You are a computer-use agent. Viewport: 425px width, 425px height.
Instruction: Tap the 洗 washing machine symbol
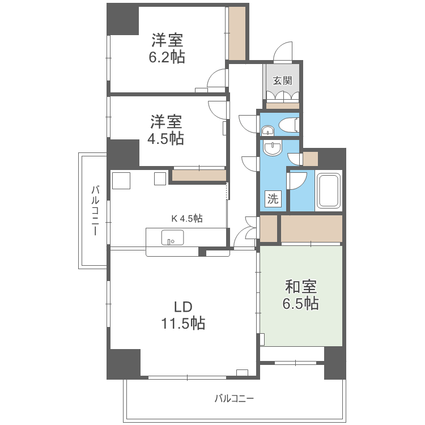click(x=273, y=199)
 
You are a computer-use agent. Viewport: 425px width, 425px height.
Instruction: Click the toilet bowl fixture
click(x=288, y=124)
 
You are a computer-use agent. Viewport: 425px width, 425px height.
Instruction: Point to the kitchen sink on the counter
click(x=172, y=237)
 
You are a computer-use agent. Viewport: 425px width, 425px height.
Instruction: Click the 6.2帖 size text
click(x=167, y=57)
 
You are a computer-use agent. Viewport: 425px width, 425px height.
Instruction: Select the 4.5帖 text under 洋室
click(x=166, y=138)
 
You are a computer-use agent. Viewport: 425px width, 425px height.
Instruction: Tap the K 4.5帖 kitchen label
click(x=187, y=218)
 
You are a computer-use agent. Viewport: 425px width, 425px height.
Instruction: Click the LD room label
click(x=182, y=307)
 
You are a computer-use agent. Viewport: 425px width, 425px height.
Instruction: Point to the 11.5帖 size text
click(x=182, y=324)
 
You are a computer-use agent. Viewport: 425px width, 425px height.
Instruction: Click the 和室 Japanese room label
click(x=300, y=287)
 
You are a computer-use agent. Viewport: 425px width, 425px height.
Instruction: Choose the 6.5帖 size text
click(x=300, y=304)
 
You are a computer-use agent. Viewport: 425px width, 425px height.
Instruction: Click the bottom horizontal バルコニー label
click(x=234, y=398)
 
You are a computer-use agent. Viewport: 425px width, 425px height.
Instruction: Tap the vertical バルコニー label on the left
click(x=95, y=210)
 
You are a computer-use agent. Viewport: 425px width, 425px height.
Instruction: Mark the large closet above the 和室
click(x=311, y=228)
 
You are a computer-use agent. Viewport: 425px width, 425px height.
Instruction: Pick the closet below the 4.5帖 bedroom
click(x=198, y=176)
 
